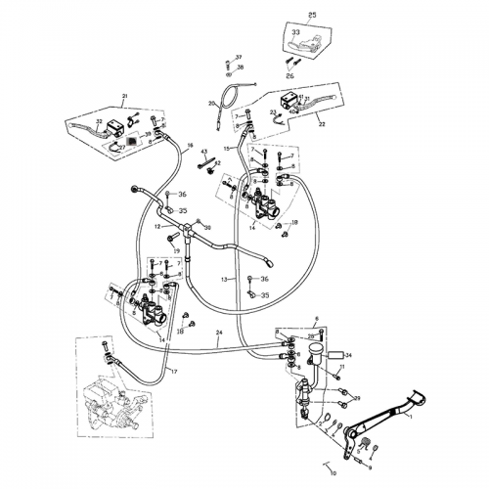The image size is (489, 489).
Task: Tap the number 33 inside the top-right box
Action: (295, 33)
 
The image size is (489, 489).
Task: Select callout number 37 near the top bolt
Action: (238, 58)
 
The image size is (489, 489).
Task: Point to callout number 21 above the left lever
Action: (124, 96)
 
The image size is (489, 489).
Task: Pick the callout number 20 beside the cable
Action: (211, 104)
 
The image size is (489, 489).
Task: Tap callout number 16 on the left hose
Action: (191, 146)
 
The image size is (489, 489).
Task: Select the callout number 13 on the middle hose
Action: (224, 279)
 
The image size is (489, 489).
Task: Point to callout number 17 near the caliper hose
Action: (174, 372)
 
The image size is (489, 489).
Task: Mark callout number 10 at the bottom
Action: (156, 226)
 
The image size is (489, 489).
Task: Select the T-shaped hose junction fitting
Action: (185, 233)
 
